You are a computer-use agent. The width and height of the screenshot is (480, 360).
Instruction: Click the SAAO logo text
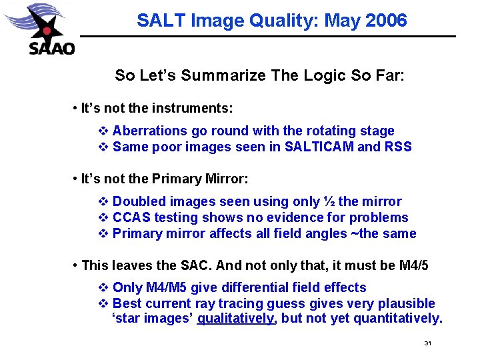51,48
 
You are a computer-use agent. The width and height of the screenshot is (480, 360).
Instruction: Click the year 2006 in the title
385,21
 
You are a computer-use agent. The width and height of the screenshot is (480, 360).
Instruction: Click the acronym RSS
397,147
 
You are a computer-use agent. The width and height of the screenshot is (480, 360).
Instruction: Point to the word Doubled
138,201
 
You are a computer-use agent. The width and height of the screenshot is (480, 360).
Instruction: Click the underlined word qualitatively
236,319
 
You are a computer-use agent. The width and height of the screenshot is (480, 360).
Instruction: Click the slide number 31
428,343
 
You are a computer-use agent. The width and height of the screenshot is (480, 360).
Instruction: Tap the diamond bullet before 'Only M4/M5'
103,288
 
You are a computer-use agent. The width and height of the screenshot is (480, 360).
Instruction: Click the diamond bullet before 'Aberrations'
103,131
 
